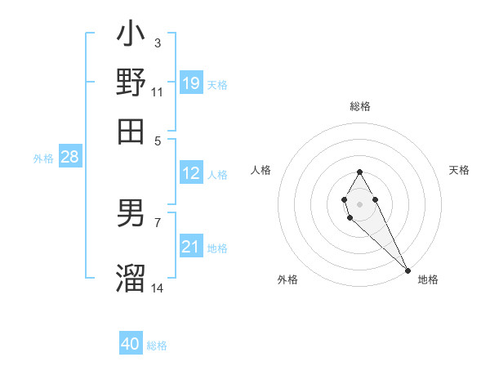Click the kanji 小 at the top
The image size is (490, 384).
pos(131,36)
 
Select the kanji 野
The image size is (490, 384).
pos(131,83)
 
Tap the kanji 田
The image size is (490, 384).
pos(131,130)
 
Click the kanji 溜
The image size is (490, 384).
pos(131,277)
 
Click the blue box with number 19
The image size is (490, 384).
pos(191,83)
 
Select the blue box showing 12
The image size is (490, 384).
pos(191,173)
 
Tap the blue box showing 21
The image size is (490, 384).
pos(191,247)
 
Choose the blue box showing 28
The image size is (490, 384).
pos(69,158)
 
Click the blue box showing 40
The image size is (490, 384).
pos(131,344)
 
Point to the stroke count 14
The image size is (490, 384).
pos(158,288)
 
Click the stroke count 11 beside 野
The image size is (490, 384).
pos(158,92)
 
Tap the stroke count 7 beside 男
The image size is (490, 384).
pos(158,221)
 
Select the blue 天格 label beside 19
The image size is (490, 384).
pos(217,84)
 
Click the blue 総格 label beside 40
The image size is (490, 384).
pos(157,346)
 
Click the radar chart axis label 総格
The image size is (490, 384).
pos(360,106)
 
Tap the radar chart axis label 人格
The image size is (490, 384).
pos(261,170)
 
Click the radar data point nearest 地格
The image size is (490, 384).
pos(408,270)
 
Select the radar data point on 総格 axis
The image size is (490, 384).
pos(359,172)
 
